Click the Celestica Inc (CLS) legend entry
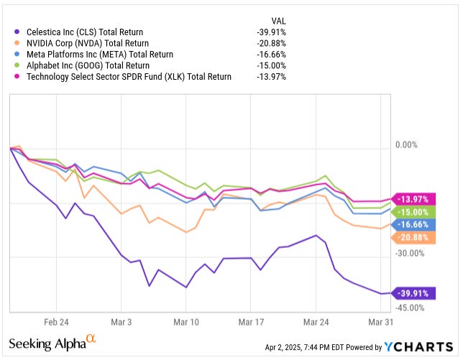(x=85, y=32)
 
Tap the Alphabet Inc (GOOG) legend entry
(x=86, y=65)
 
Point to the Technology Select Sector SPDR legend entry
(x=129, y=76)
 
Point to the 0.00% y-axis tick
(x=406, y=145)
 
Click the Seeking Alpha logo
(x=52, y=343)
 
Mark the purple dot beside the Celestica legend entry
(x=17, y=32)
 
